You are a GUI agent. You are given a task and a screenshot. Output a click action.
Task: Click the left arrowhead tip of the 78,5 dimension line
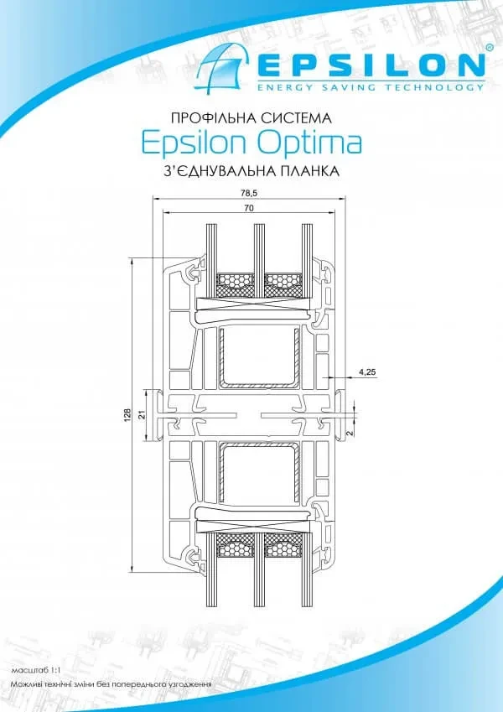[x=153, y=199]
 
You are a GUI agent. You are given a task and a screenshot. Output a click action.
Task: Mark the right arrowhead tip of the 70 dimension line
[x=335, y=212]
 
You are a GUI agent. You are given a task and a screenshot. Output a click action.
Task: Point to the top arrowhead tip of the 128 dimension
[x=132, y=258]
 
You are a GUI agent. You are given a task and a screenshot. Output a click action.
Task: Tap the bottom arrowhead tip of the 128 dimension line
[x=132, y=572]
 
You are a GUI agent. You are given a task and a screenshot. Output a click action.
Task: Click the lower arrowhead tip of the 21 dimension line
[x=147, y=440]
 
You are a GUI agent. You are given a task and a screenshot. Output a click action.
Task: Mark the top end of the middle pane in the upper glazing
[x=259, y=224]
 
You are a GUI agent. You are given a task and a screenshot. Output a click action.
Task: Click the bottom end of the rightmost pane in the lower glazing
[x=308, y=606]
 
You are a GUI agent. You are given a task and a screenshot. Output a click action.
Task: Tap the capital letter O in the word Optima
[x=270, y=143]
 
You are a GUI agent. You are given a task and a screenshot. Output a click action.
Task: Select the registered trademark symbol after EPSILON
[x=490, y=47]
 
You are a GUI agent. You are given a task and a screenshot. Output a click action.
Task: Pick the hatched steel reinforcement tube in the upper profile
[x=260, y=358]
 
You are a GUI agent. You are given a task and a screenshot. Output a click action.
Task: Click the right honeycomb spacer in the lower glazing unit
[x=283, y=545]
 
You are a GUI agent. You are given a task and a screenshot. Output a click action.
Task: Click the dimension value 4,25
[x=367, y=372]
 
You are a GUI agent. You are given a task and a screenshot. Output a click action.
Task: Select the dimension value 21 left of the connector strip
[x=142, y=414]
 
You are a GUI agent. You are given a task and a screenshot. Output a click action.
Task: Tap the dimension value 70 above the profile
[x=249, y=208]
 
